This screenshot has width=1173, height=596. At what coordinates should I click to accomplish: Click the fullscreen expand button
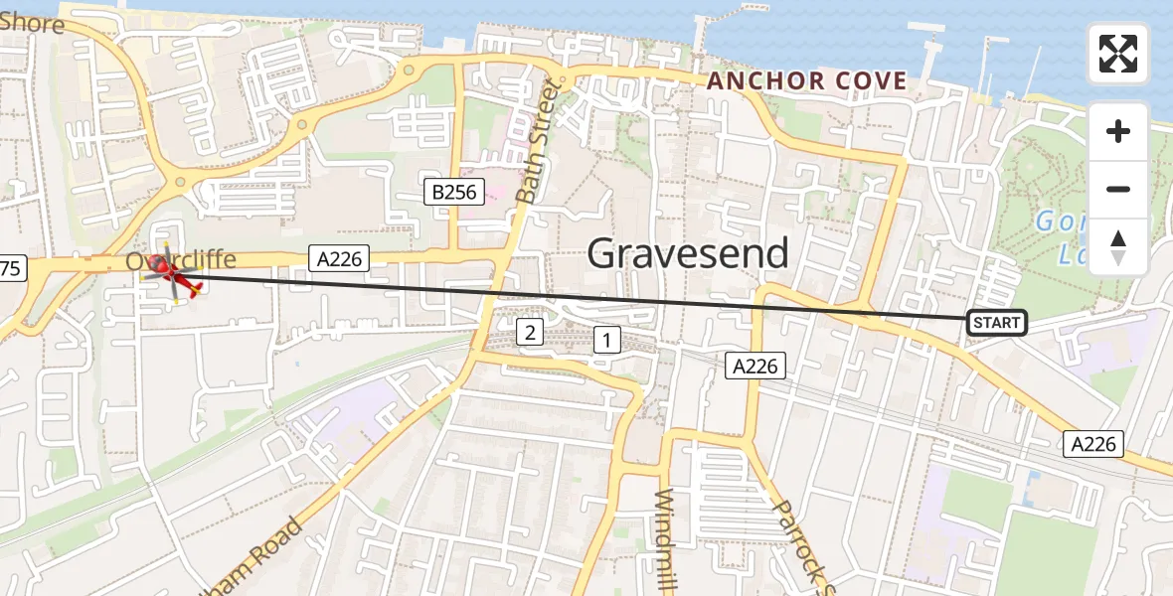coord(1118,53)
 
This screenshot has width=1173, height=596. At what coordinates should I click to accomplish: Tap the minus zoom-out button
coord(1118,189)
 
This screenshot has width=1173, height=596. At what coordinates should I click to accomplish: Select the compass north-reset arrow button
coord(1118,247)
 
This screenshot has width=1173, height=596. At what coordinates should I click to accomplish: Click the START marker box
coord(996,323)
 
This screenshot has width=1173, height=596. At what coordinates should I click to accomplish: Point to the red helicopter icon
coord(174,276)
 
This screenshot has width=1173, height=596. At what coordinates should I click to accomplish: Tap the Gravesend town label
coord(688,254)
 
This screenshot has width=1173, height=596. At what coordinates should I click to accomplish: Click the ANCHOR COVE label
coord(806,81)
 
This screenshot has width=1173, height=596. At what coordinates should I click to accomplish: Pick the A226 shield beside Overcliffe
coord(339,259)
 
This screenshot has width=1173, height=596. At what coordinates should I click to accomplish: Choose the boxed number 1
coord(606,341)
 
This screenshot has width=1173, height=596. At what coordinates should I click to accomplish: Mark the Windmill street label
coord(666,541)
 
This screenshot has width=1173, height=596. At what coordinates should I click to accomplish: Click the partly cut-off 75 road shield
coord(10,267)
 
